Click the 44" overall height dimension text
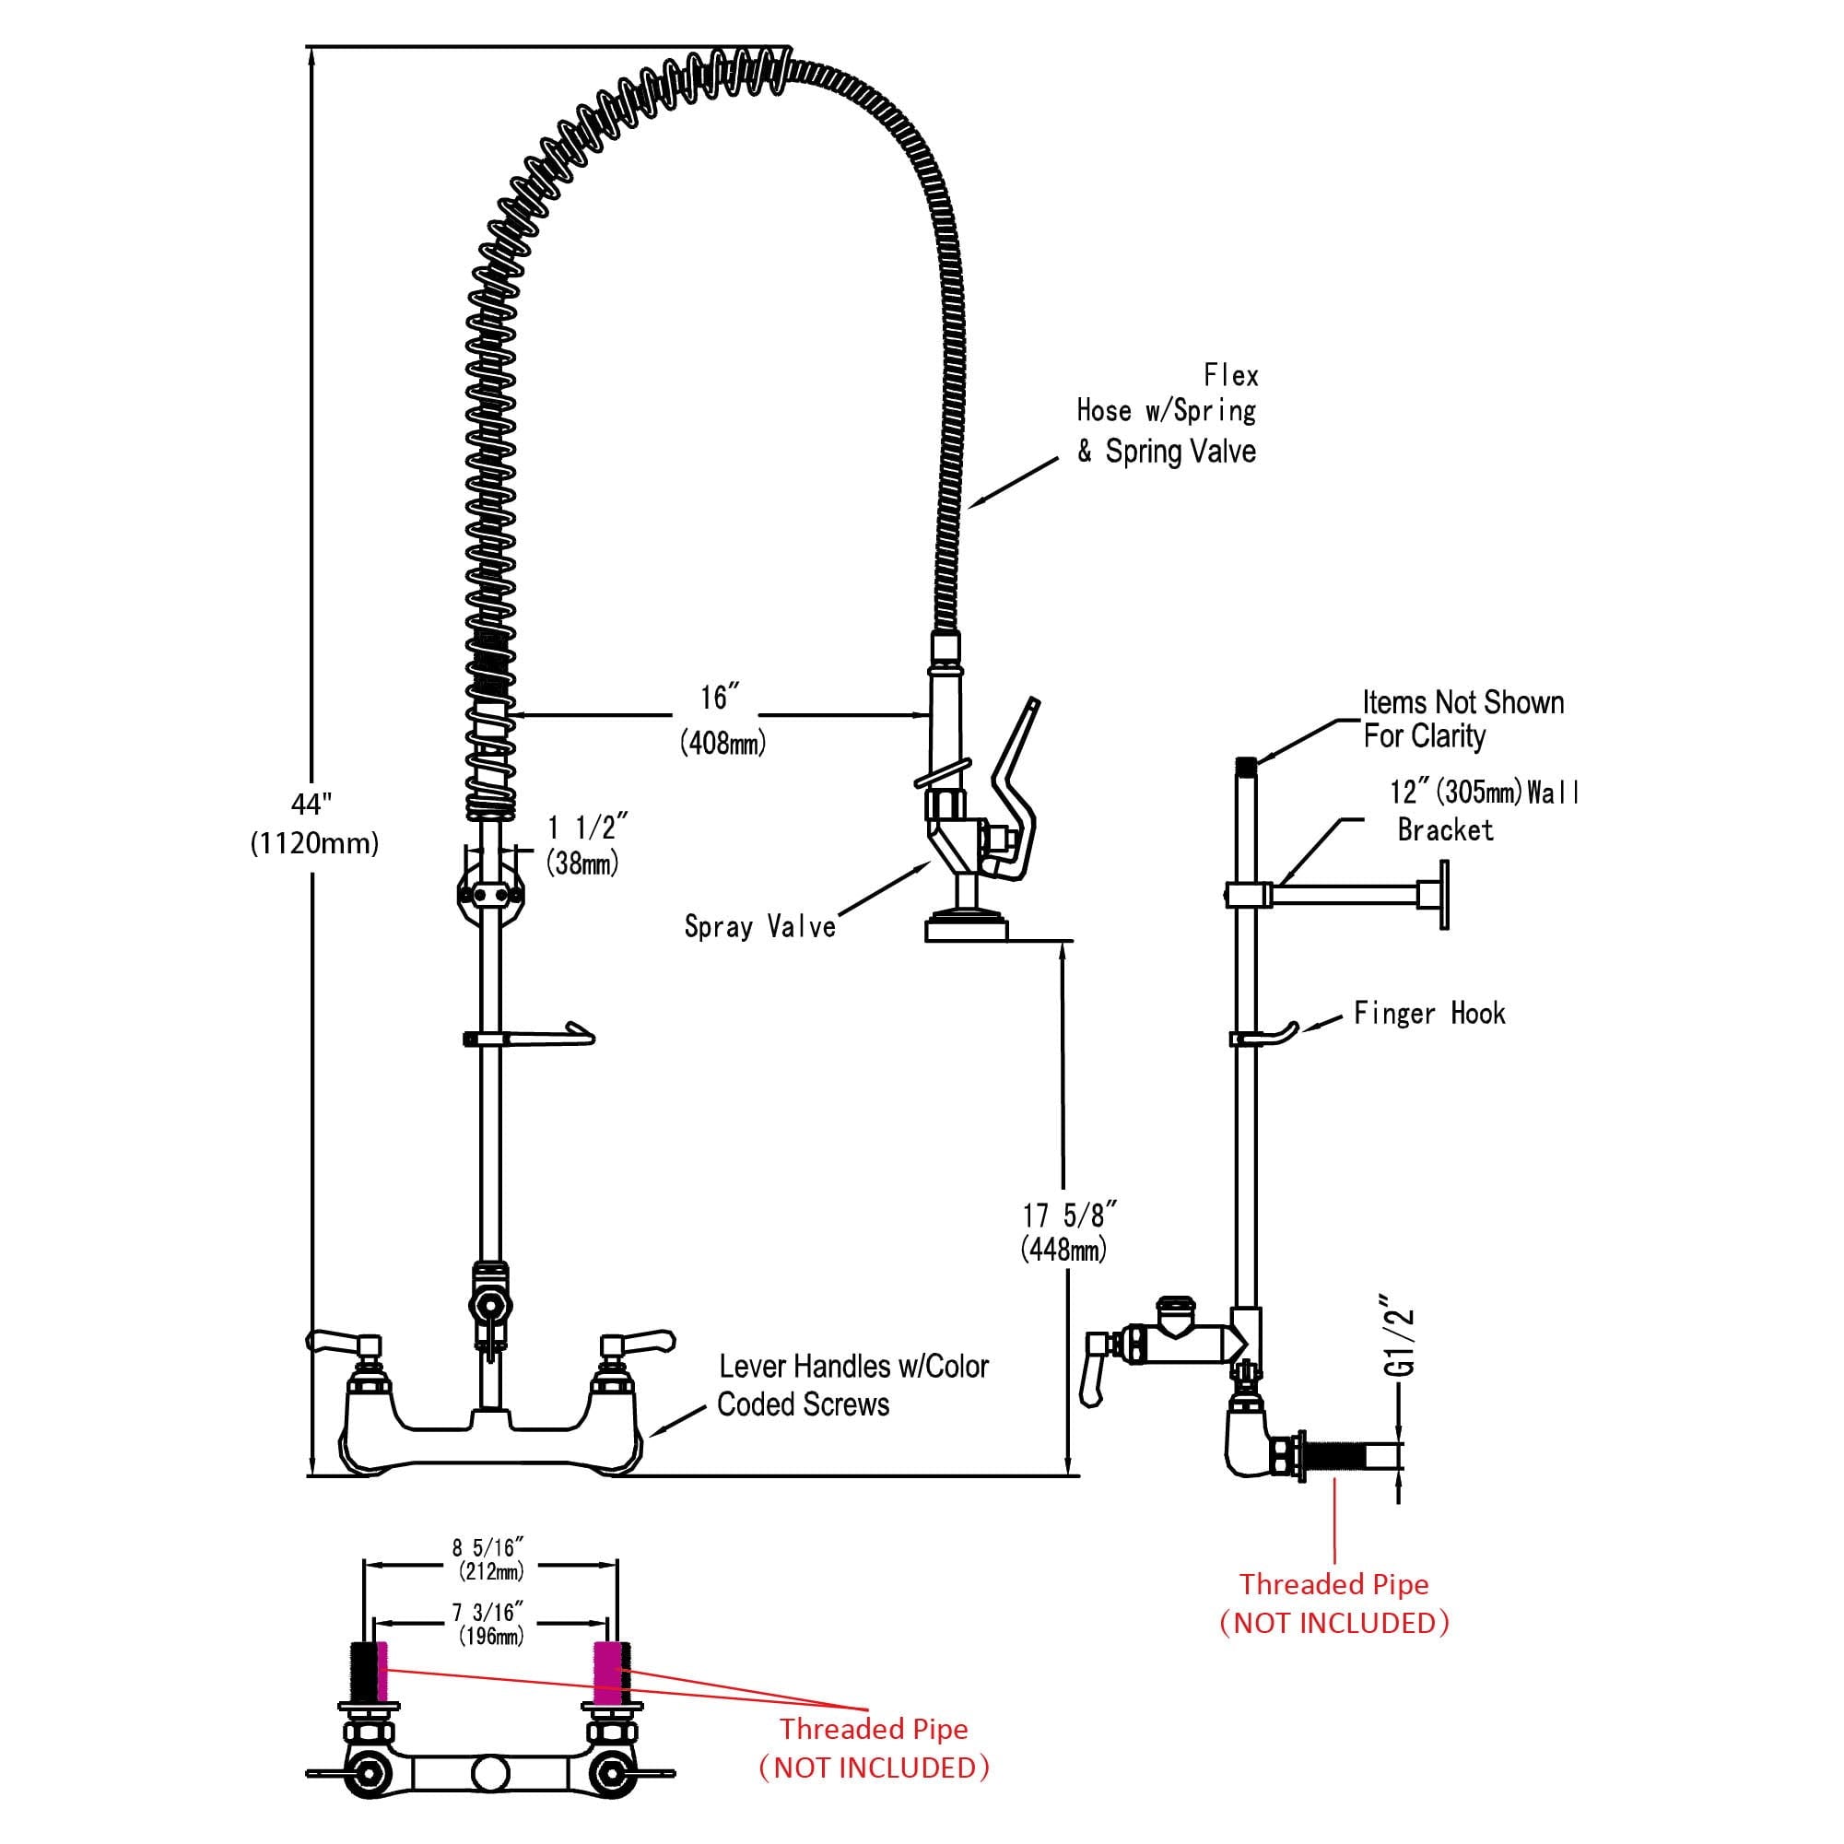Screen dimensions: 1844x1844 point(314,824)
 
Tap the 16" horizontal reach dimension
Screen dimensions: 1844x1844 point(722,719)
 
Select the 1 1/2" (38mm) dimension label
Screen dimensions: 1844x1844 point(586,844)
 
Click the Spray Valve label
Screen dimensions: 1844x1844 point(759,926)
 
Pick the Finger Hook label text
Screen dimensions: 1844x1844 point(1428,1013)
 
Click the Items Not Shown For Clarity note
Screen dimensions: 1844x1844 point(1462,720)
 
